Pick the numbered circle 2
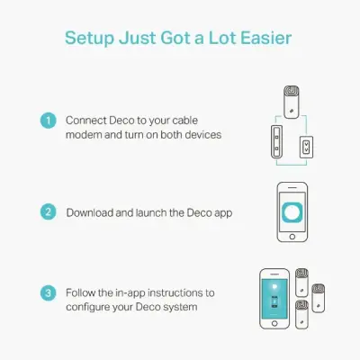coord(49,212)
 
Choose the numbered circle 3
coord(49,293)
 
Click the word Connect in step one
coord(86,120)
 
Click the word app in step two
coord(220,213)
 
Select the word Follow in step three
coord(83,293)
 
